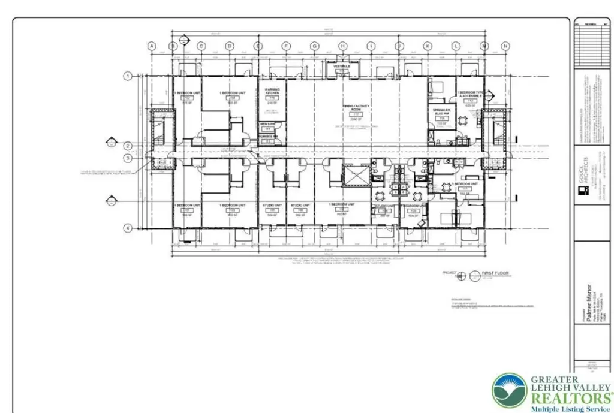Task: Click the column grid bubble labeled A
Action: (152, 46)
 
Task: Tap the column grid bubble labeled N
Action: (505, 46)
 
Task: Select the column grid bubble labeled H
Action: (342, 46)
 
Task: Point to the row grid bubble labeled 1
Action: (127, 76)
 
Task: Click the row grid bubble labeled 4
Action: (127, 228)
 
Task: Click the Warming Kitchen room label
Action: (272, 94)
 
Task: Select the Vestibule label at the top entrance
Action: (342, 66)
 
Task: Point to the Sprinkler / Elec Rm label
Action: (442, 113)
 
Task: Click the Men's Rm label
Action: (267, 124)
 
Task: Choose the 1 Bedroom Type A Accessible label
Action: (469, 94)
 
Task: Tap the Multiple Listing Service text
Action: (570, 409)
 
